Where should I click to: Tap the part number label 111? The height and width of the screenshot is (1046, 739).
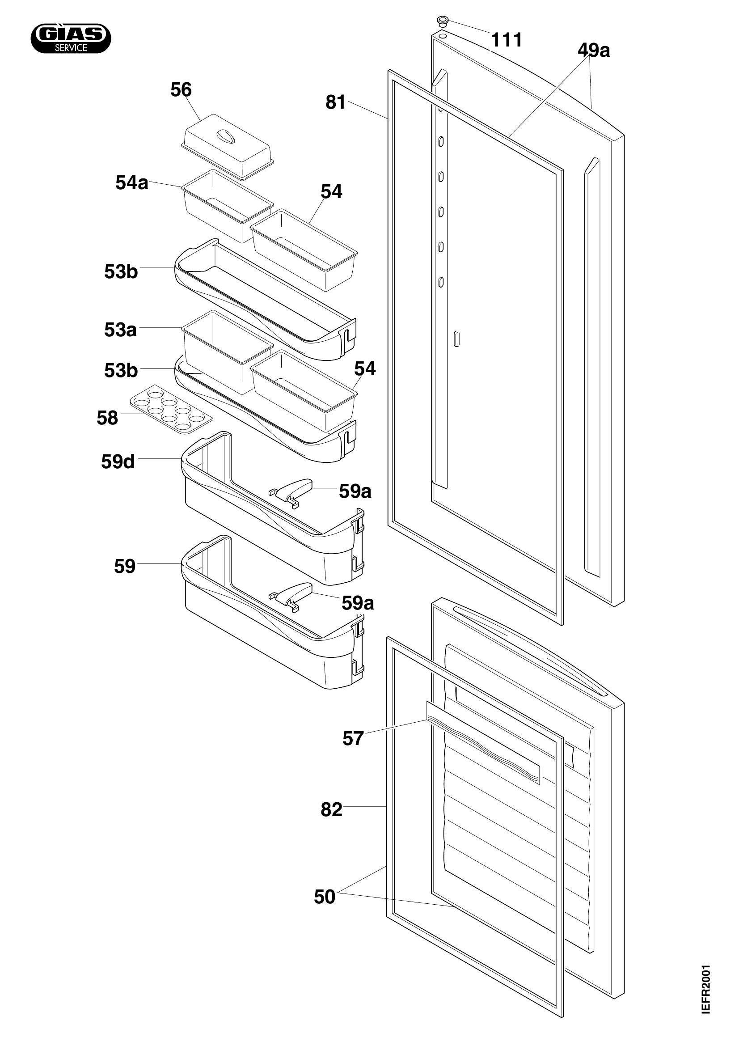click(507, 40)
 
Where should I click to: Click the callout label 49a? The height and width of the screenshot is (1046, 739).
click(594, 50)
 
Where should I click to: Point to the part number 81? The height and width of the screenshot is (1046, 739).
click(336, 102)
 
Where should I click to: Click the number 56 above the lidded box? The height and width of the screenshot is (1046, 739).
click(181, 90)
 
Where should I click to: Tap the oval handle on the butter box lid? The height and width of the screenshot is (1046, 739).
click(226, 136)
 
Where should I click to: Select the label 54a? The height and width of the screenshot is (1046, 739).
click(131, 183)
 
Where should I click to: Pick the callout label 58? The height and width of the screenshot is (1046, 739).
click(107, 418)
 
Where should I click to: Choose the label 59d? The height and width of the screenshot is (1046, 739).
click(118, 462)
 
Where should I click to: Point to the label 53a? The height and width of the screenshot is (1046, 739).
click(120, 330)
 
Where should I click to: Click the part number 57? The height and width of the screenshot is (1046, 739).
click(353, 738)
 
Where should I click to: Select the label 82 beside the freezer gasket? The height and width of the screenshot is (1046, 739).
click(331, 809)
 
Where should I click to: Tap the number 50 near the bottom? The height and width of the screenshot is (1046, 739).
click(325, 897)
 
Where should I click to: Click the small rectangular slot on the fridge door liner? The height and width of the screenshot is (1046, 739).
click(457, 339)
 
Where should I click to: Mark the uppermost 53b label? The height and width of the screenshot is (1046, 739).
click(121, 271)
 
